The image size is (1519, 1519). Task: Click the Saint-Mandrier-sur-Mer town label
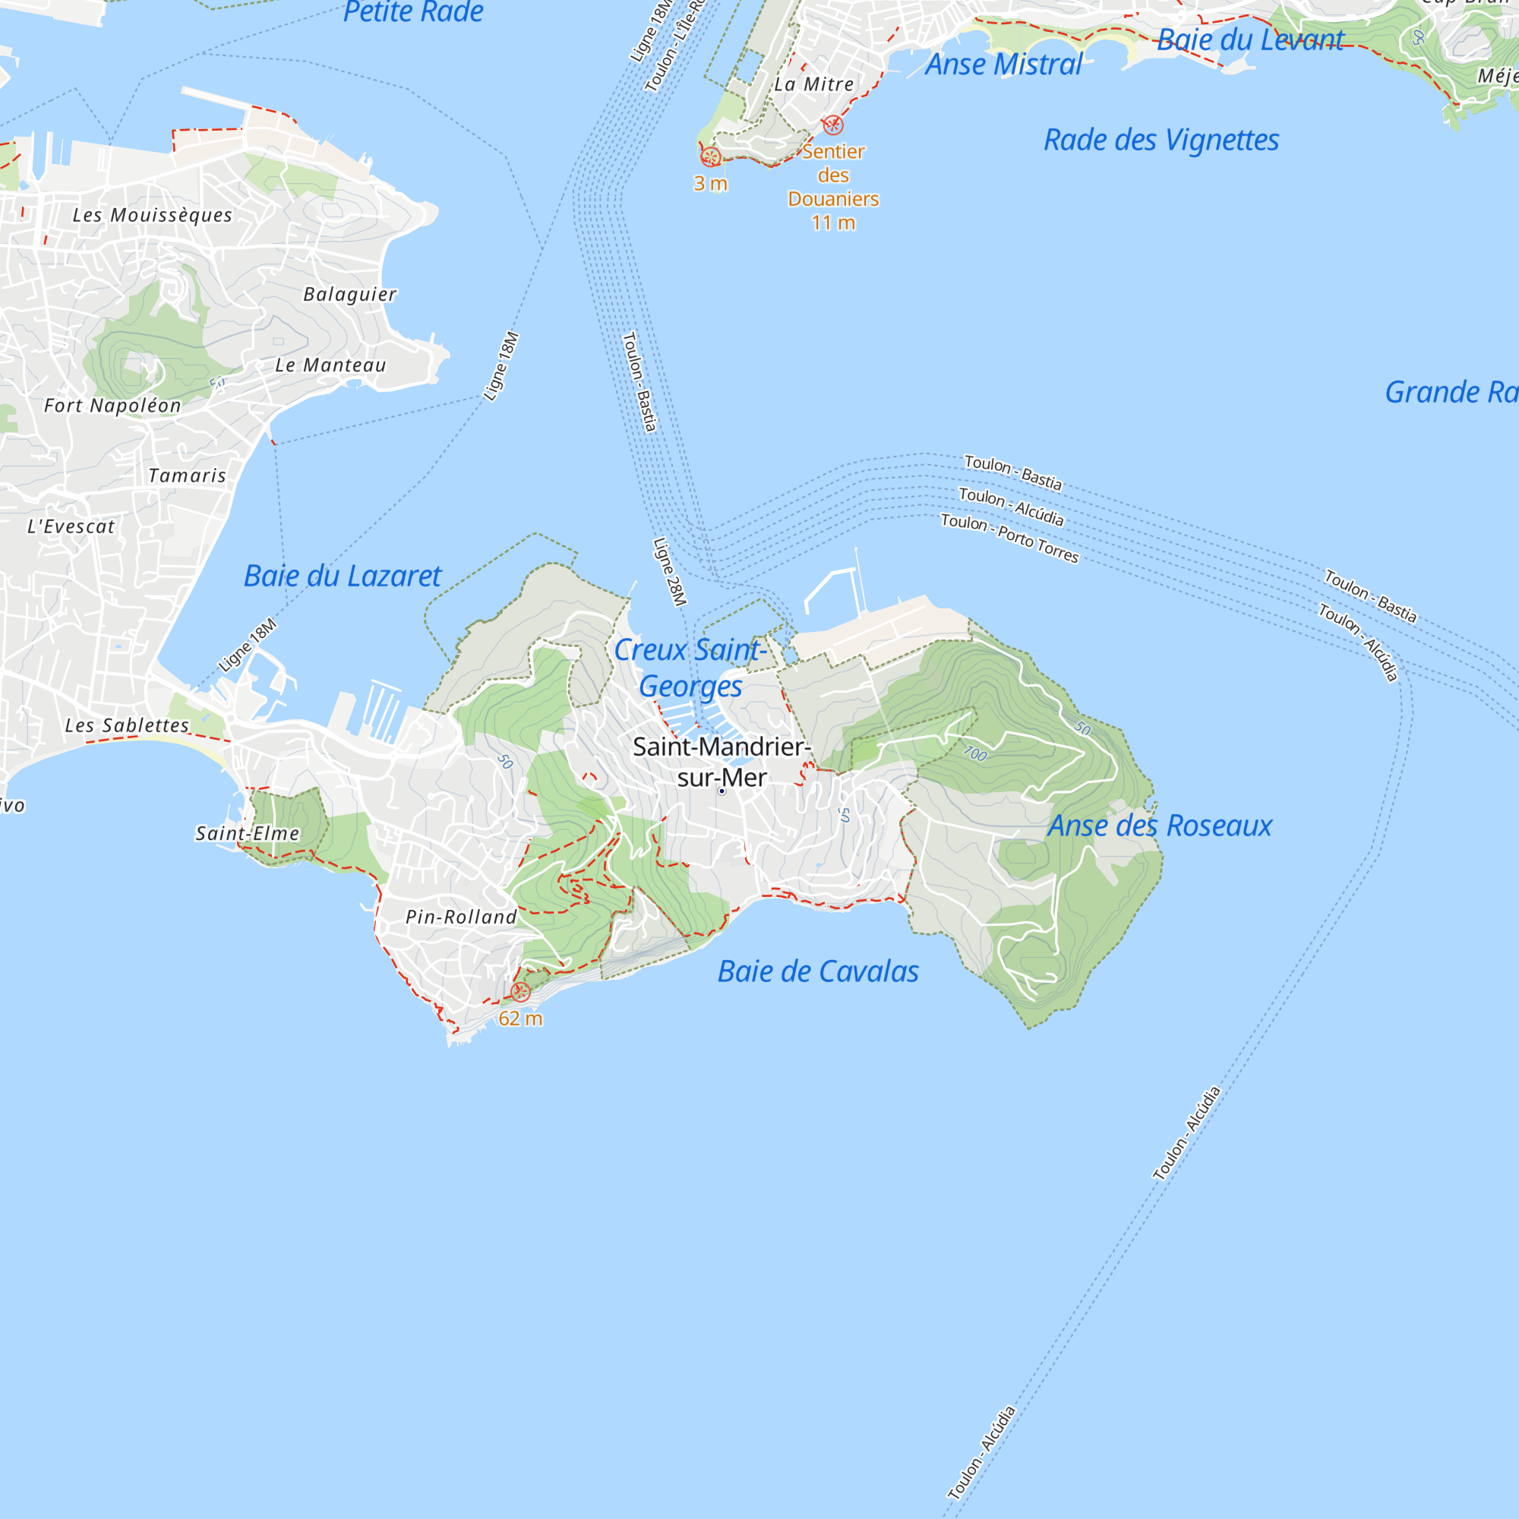pyautogui.click(x=721, y=762)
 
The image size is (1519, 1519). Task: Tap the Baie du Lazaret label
pyautogui.click(x=343, y=576)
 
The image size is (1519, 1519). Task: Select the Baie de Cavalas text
pyautogui.click(x=818, y=972)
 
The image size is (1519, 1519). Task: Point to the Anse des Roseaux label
pyautogui.click(x=1160, y=826)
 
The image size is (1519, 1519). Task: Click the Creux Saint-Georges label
pyautogui.click(x=690, y=668)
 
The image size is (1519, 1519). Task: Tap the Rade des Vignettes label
pyautogui.click(x=1161, y=140)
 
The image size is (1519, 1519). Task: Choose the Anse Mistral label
pyautogui.click(x=1003, y=65)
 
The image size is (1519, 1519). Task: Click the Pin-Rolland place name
pyautogui.click(x=462, y=917)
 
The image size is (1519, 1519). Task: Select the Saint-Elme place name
pyautogui.click(x=248, y=833)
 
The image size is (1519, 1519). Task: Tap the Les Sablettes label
pyautogui.click(x=128, y=725)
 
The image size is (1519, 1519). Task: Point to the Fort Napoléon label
pyautogui.click(x=112, y=406)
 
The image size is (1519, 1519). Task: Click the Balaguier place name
pyautogui.click(x=350, y=294)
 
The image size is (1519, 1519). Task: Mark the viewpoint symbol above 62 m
pyautogui.click(x=519, y=992)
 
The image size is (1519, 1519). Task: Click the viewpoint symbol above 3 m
pyautogui.click(x=710, y=157)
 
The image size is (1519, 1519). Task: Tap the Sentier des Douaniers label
pyautogui.click(x=833, y=175)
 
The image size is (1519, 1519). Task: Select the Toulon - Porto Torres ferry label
pyautogui.click(x=1009, y=538)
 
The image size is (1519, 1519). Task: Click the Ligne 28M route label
pyautogui.click(x=670, y=572)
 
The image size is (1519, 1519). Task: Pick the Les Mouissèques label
pyautogui.click(x=153, y=216)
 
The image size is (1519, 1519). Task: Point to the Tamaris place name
pyautogui.click(x=187, y=475)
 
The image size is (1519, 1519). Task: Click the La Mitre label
pyautogui.click(x=813, y=84)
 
